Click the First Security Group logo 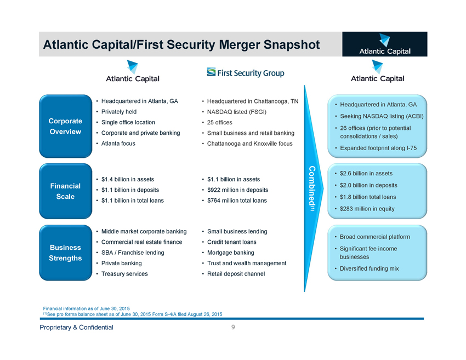click(x=245, y=72)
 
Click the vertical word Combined click(x=311, y=189)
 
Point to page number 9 click(x=233, y=327)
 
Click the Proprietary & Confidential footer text click(x=76, y=328)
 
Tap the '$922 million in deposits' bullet click(x=238, y=190)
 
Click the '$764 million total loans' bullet click(x=237, y=201)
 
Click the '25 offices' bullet click(x=219, y=122)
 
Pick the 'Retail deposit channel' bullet click(x=236, y=273)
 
